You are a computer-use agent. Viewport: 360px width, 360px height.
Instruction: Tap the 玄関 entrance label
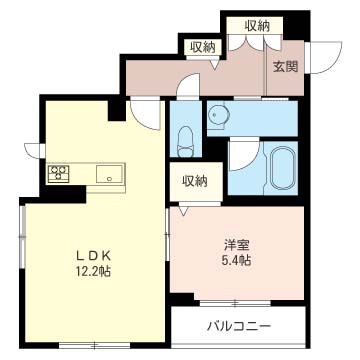click(x=284, y=67)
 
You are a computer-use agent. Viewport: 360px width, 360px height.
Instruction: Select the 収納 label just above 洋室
click(x=194, y=181)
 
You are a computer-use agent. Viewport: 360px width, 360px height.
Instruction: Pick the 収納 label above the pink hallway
click(x=199, y=47)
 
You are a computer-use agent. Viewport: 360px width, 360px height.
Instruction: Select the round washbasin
click(x=217, y=115)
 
